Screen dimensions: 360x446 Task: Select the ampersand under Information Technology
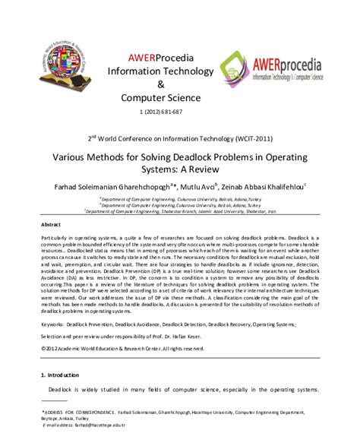160,84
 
